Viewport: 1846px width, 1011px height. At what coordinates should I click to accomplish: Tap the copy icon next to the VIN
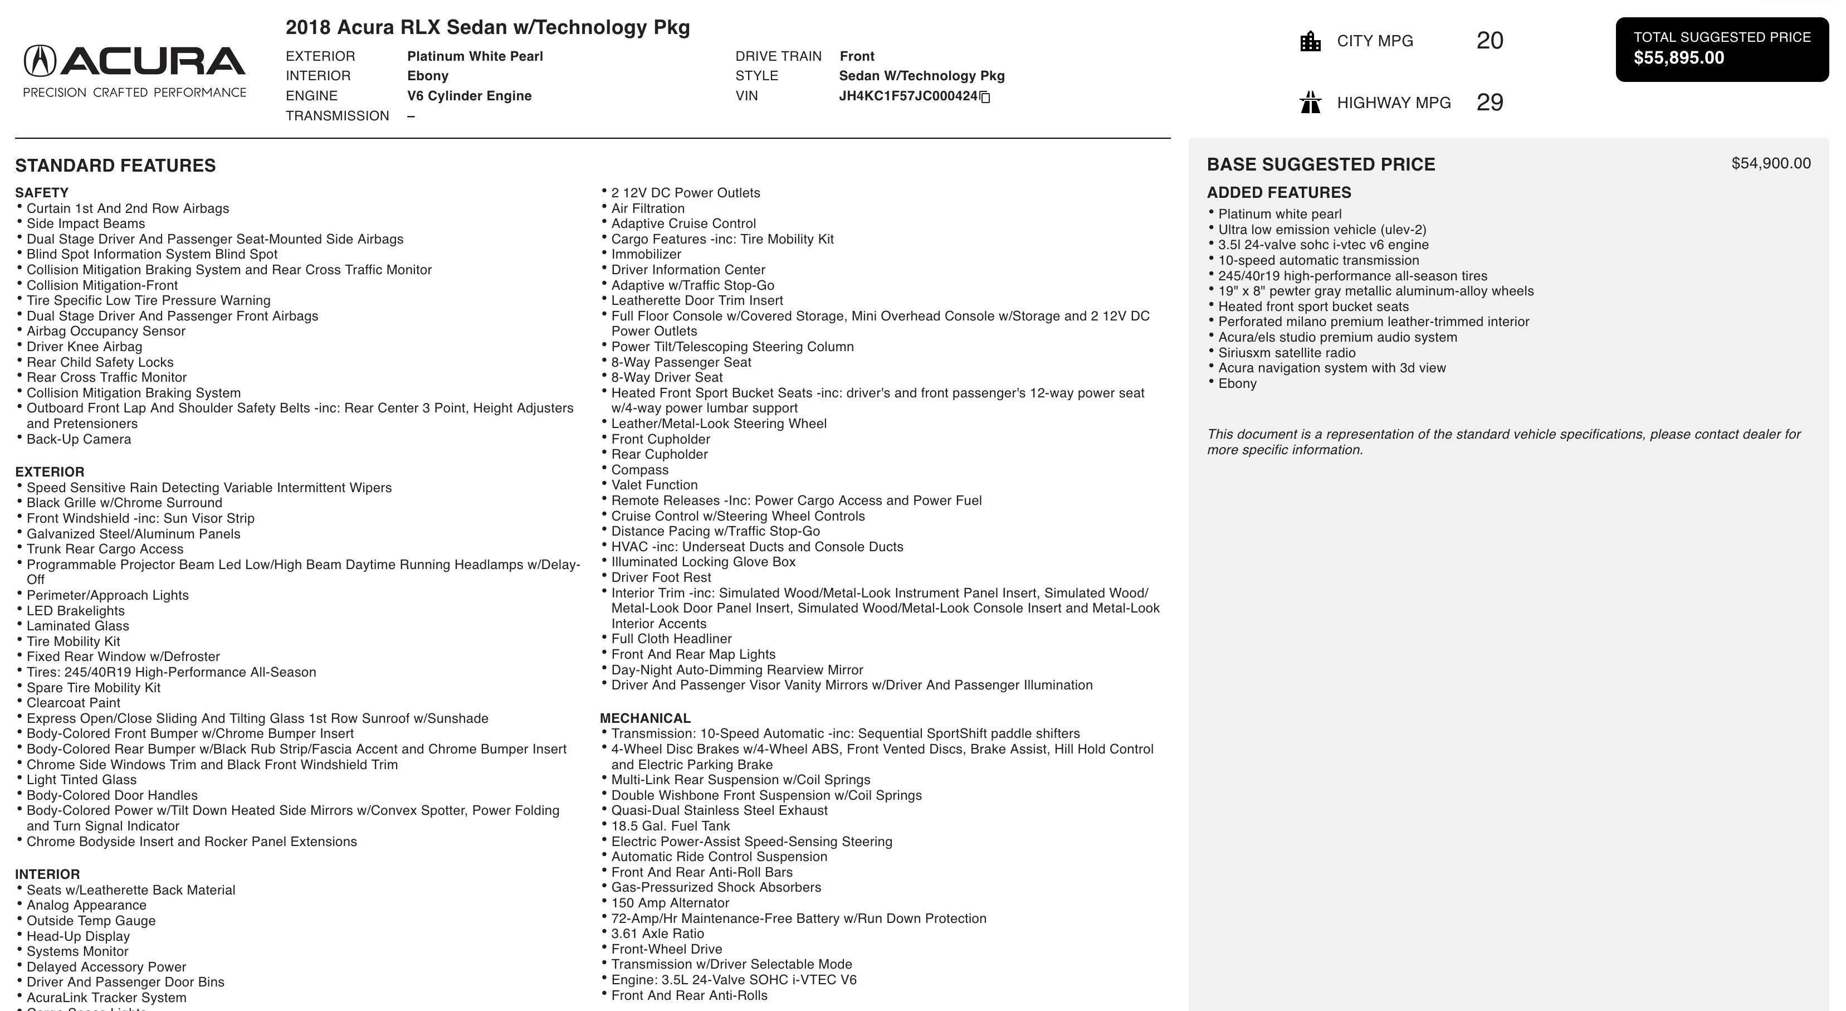pyautogui.click(x=985, y=97)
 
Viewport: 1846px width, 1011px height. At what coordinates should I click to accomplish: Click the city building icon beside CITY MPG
pyautogui.click(x=1310, y=42)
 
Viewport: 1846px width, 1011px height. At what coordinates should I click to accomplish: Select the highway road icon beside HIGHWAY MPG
pyautogui.click(x=1310, y=103)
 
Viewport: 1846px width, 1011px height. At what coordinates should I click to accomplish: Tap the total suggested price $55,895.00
pyautogui.click(x=1678, y=58)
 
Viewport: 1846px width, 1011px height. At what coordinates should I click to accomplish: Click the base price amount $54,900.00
pyautogui.click(x=1770, y=163)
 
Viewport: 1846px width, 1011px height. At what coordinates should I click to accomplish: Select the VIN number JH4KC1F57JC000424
pyautogui.click(x=908, y=96)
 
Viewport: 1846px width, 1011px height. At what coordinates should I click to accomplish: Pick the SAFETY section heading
pyautogui.click(x=42, y=193)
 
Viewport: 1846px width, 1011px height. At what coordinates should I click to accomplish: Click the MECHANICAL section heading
pyautogui.click(x=645, y=718)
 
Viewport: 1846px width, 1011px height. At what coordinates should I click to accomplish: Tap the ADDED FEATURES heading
pyautogui.click(x=1278, y=193)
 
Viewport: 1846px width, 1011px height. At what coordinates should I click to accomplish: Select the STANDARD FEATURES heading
pyautogui.click(x=115, y=166)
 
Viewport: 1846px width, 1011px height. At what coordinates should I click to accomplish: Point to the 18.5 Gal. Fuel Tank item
pyautogui.click(x=670, y=826)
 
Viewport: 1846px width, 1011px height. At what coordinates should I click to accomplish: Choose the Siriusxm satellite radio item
pyautogui.click(x=1286, y=353)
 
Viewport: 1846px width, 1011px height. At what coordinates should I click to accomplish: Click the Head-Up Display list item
pyautogui.click(x=78, y=936)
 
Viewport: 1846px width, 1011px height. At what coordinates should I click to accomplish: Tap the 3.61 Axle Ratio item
pyautogui.click(x=657, y=934)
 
